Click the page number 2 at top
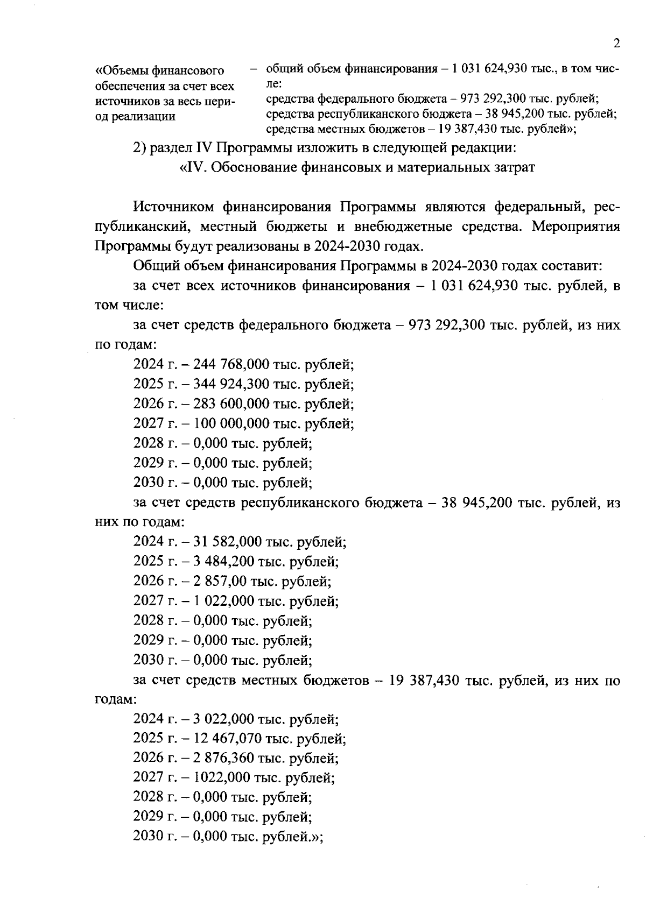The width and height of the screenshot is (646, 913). coord(616,44)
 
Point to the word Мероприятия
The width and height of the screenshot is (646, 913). coord(575,227)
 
